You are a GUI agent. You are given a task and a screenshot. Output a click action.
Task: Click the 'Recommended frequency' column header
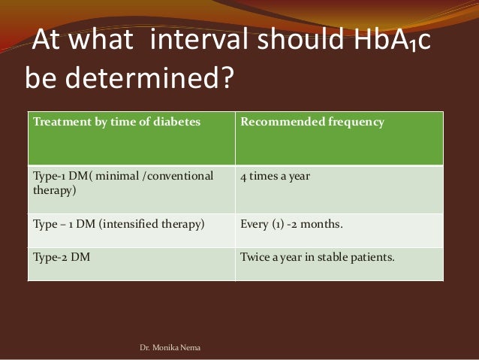coord(312,122)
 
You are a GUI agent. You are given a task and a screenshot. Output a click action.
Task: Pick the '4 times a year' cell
coord(276,177)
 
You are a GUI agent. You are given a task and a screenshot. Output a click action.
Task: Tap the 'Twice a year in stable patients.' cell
coord(316,256)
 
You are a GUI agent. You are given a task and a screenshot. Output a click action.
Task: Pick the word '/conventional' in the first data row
coord(177,177)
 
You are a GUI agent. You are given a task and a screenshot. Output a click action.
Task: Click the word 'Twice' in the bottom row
coord(253,256)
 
